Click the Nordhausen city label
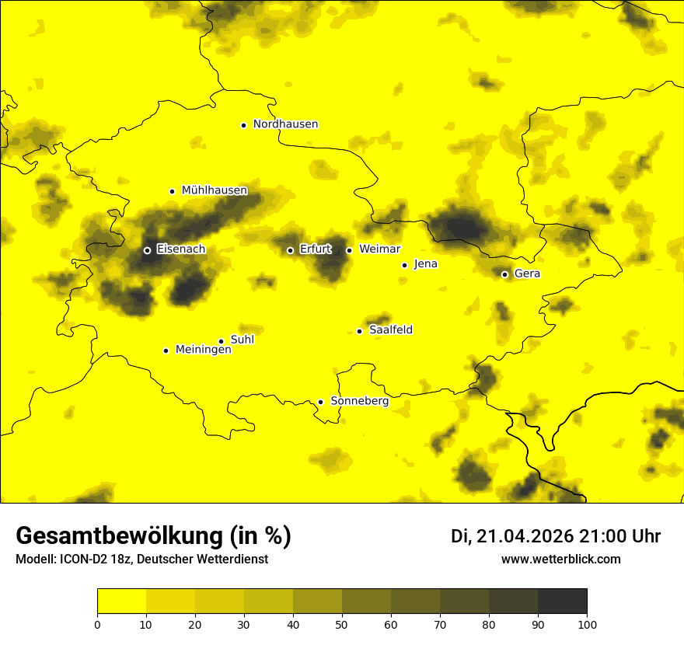(285, 124)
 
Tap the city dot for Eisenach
(147, 250)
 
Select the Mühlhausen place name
(215, 190)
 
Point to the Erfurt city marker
(290, 250)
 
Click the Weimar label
(380, 249)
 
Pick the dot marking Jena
(404, 265)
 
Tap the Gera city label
(527, 274)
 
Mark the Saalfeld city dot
(359, 331)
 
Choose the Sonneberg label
(359, 401)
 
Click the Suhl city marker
(221, 341)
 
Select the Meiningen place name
(204, 350)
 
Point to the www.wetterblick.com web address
(560, 559)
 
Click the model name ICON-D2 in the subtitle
(82, 560)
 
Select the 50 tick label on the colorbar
(342, 624)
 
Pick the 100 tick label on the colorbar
(587, 624)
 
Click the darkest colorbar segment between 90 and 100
(562, 601)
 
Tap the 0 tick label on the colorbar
(97, 624)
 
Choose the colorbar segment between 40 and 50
(317, 601)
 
